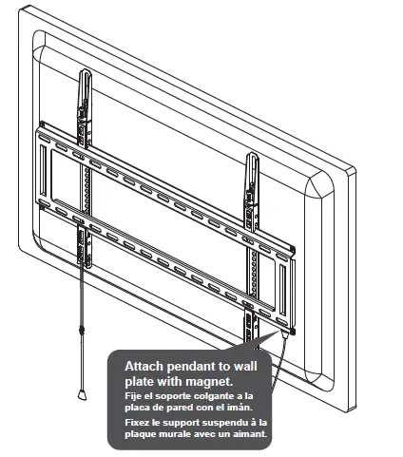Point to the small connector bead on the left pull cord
pos(84,331)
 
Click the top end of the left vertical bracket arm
pos(84,72)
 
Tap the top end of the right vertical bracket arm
pos(253,154)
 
